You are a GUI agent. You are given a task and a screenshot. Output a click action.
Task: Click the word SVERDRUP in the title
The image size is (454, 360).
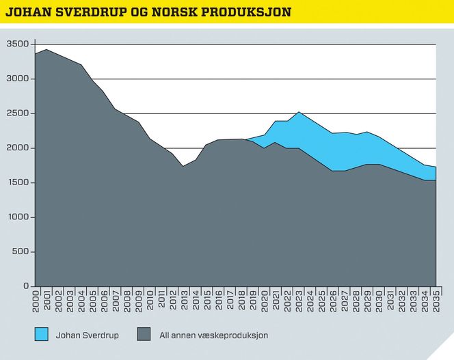[86, 12]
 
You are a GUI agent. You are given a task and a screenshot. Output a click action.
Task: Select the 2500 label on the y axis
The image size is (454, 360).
[17, 113]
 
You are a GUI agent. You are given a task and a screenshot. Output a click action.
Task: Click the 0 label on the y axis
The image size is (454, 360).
[26, 286]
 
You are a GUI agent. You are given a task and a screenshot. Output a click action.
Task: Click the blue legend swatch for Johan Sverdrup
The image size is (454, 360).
[42, 335]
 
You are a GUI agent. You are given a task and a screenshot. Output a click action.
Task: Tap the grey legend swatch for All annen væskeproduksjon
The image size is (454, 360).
[143, 335]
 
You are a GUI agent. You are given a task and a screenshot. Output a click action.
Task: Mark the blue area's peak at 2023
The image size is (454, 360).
[298, 112]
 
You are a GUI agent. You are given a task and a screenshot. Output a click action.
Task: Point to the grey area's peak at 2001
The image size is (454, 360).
[46, 50]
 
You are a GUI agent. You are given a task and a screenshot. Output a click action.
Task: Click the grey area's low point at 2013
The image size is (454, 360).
[183, 166]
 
